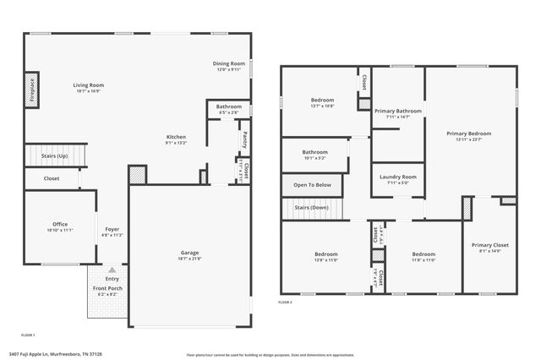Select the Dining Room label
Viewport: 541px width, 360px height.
coord(228,64)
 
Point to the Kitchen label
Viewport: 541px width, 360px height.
coord(176,137)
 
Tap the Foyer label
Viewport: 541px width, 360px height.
coord(112,230)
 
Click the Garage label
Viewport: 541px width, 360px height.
coord(189,253)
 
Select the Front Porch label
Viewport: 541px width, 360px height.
coord(107,288)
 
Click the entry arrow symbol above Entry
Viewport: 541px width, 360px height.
coord(112,269)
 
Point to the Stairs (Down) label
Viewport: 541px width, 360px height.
coord(311,207)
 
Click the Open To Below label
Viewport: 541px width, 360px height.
coord(312,184)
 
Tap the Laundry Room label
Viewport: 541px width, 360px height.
coord(396,177)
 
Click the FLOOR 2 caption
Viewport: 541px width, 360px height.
coord(286,302)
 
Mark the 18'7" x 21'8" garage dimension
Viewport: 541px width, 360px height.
coord(189,259)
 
